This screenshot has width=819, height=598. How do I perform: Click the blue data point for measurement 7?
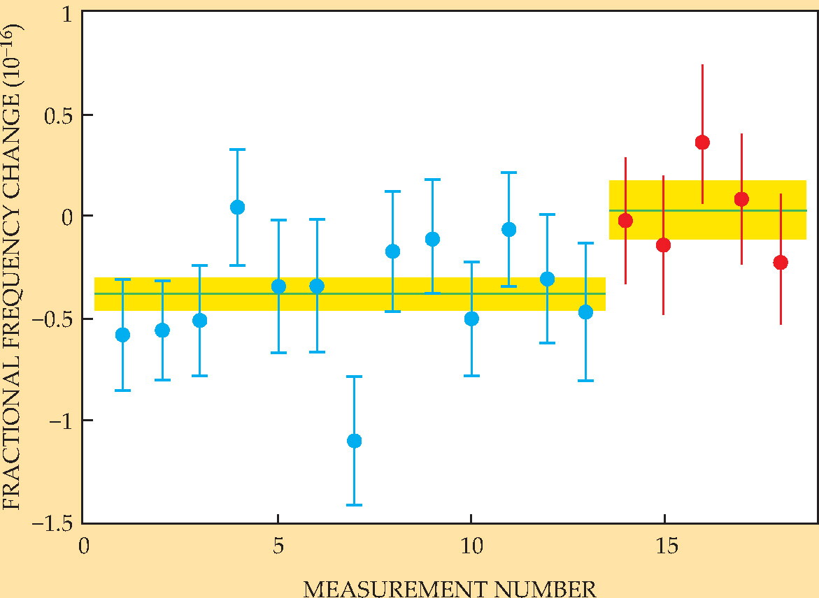pyautogui.click(x=354, y=441)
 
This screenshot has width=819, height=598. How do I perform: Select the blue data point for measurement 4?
pyautogui.click(x=237, y=207)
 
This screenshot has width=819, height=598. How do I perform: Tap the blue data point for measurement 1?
pyautogui.click(x=122, y=335)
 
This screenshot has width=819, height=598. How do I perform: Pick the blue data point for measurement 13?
pyautogui.click(x=585, y=312)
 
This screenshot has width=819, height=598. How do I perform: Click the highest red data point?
pyautogui.click(x=702, y=142)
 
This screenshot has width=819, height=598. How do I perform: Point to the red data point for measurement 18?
pyautogui.click(x=781, y=263)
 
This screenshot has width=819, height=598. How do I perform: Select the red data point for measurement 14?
pyautogui.click(x=625, y=221)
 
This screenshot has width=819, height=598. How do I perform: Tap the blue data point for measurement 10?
pyautogui.click(x=471, y=319)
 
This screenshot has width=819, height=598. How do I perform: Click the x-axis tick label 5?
pyautogui.click(x=278, y=546)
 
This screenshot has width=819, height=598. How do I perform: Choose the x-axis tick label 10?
pyautogui.click(x=471, y=546)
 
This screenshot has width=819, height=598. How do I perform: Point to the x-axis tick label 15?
pyautogui.click(x=666, y=546)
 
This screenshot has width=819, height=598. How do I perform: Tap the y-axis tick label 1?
pyautogui.click(x=67, y=15)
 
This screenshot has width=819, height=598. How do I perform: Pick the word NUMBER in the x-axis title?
pyautogui.click(x=546, y=589)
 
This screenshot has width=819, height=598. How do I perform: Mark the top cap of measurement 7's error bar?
pyautogui.click(x=354, y=377)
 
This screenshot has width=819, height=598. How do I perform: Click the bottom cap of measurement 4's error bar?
pyautogui.click(x=237, y=265)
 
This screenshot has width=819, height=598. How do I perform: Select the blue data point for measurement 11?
pyautogui.click(x=508, y=229)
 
